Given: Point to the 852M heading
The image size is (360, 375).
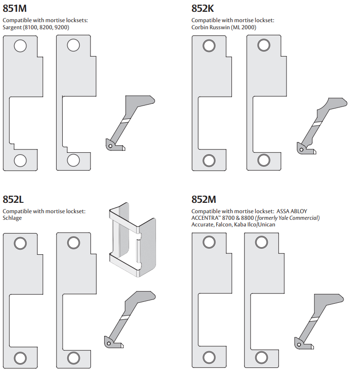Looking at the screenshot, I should (204, 200).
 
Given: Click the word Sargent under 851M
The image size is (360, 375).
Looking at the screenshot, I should (12, 27).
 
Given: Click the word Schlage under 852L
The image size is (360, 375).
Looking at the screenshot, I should (12, 218).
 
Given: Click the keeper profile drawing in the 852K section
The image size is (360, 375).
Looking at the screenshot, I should (320, 125).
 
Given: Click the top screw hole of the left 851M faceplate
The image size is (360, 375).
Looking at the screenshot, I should (20, 46).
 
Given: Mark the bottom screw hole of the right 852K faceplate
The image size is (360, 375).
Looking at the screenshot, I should (264, 160).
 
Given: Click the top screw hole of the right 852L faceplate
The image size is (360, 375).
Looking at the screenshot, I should (73, 243).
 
